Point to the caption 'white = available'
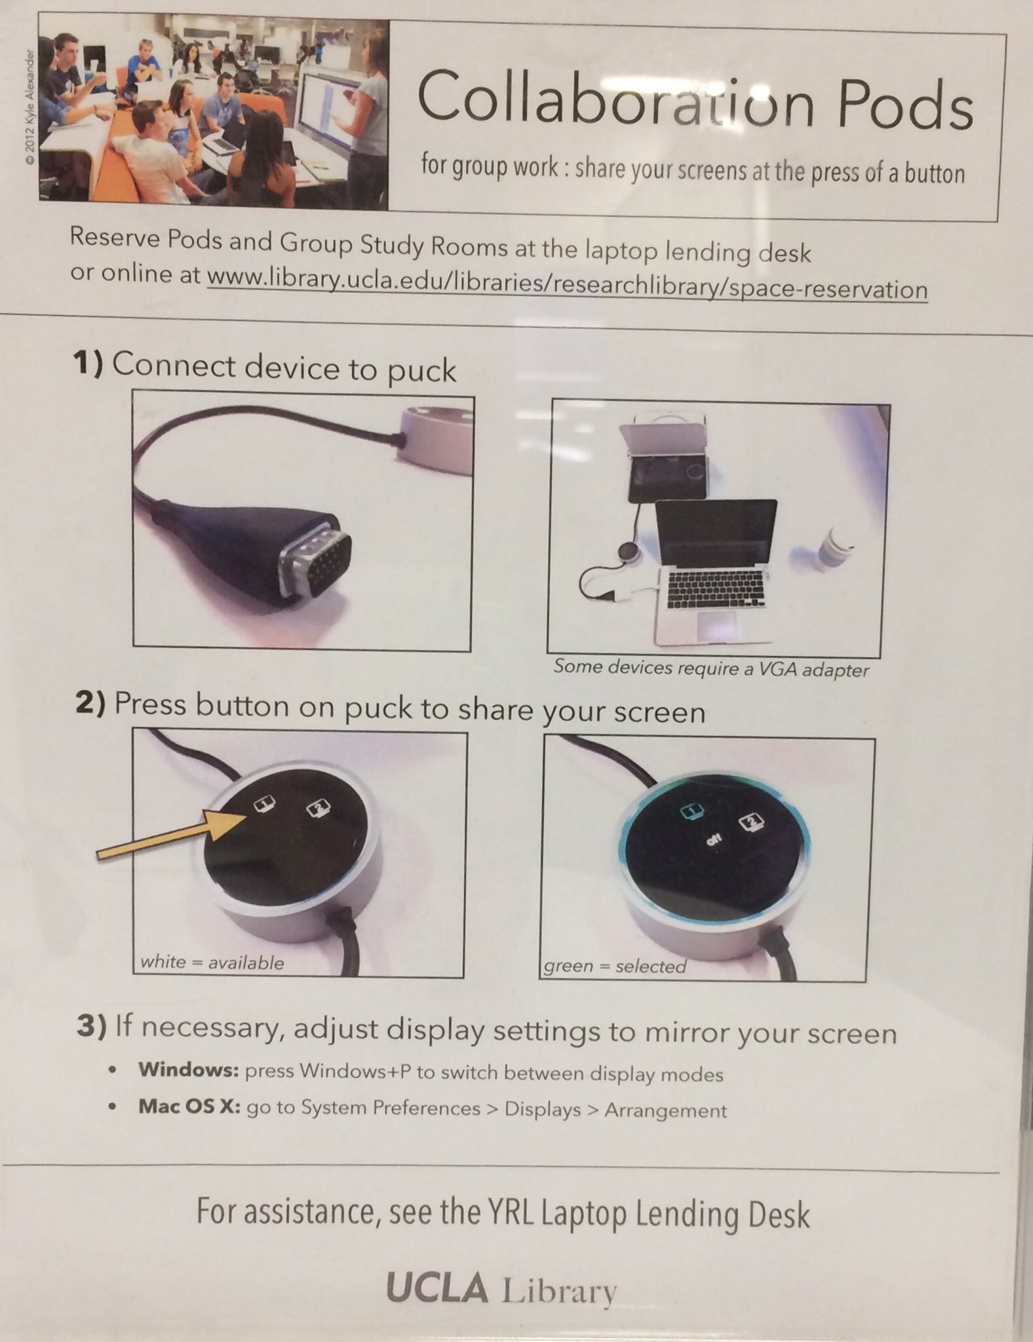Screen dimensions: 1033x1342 coord(212,963)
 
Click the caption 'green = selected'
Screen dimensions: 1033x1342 coord(615,967)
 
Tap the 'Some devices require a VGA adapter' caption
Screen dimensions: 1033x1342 coord(711,668)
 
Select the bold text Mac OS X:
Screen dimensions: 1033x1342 coord(190,1106)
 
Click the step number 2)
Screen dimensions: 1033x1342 coord(90,704)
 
